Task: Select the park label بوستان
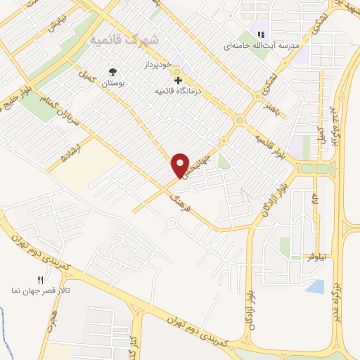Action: coord(112,83)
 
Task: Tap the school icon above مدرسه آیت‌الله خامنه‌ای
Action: coord(261,34)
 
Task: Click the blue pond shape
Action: coord(316,286)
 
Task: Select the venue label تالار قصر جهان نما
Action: coord(40,290)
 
